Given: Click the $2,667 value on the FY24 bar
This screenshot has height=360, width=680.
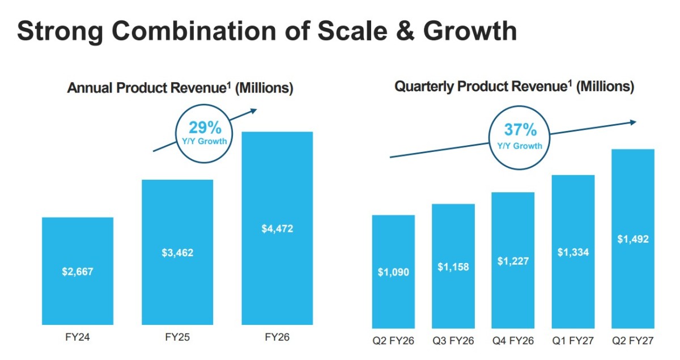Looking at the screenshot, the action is coord(78,272).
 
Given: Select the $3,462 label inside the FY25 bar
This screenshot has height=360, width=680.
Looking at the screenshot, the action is coord(177,252).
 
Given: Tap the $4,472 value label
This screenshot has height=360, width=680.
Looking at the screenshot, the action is coord(277,228).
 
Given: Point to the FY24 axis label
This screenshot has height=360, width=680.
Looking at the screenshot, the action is coord(78,337).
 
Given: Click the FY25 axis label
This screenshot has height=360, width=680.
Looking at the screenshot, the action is coord(177,337).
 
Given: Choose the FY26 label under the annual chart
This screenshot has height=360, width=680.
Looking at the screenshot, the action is coord(277,337).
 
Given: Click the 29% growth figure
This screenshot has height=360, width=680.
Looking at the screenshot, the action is coord(205,128).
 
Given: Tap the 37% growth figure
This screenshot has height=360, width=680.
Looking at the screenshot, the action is coord(520,129).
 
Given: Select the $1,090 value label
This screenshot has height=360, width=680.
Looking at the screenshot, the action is coord(393,272).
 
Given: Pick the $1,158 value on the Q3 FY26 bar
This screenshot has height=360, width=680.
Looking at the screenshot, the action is coord(453,266).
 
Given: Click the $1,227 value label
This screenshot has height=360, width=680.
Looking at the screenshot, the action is coord(513,261).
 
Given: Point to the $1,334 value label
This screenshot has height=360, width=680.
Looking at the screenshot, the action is coord(573,252).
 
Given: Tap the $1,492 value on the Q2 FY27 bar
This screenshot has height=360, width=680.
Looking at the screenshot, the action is coord(633,239).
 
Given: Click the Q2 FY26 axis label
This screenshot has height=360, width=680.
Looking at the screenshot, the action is coord(393,341).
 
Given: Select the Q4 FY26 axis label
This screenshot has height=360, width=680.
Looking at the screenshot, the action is coord(513,341).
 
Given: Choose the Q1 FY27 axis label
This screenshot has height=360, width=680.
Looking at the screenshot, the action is coord(573,341).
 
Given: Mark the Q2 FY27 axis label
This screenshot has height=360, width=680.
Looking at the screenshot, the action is coord(633,341).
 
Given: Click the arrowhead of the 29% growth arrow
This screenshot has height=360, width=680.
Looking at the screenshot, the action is coord(254,111).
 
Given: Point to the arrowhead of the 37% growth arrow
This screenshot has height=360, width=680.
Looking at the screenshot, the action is coord(633,122).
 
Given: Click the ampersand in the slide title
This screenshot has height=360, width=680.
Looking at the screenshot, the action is coord(405,31).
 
